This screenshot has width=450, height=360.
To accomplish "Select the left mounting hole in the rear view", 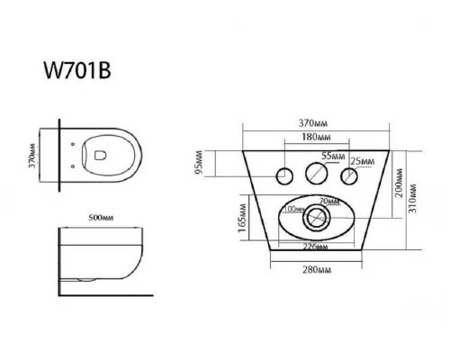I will coord(286,175).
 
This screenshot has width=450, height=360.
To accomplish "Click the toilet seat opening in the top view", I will coord(102,160).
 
